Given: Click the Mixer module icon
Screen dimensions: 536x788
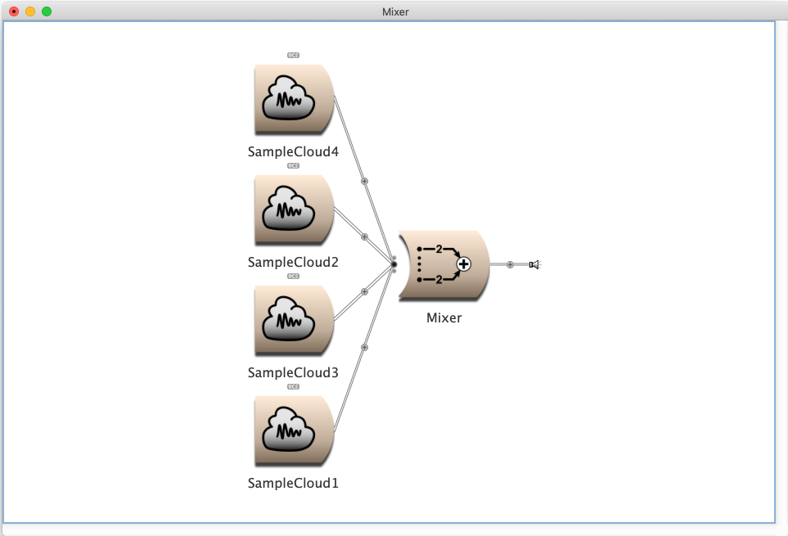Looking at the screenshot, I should pos(443,264).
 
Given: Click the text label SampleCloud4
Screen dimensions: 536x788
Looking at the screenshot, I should pos(293,151).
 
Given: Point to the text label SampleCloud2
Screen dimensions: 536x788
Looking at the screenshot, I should pos(293,262).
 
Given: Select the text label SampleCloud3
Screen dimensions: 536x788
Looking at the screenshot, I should pos(293,372).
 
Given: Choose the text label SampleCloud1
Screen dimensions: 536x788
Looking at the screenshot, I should pos(293,483).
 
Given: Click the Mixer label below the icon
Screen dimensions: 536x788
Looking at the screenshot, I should pos(444,318).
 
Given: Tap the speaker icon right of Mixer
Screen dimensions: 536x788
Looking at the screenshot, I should pos(534,264).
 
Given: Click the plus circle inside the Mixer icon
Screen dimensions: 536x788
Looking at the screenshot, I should pos(464,263).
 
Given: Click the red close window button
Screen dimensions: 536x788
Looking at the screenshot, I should pos(14,11).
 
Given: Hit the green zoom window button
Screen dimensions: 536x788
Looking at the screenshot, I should pos(47,11).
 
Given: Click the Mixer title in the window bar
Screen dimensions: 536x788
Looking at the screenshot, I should pos(395,11).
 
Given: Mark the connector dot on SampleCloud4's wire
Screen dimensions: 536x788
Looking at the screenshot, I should pos(365,181).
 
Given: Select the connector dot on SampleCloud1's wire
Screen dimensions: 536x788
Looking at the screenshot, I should pos(365,347).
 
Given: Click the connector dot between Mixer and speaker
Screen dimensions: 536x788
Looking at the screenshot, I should pos(510,264).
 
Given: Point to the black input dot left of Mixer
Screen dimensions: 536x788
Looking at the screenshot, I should pos(394,264).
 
